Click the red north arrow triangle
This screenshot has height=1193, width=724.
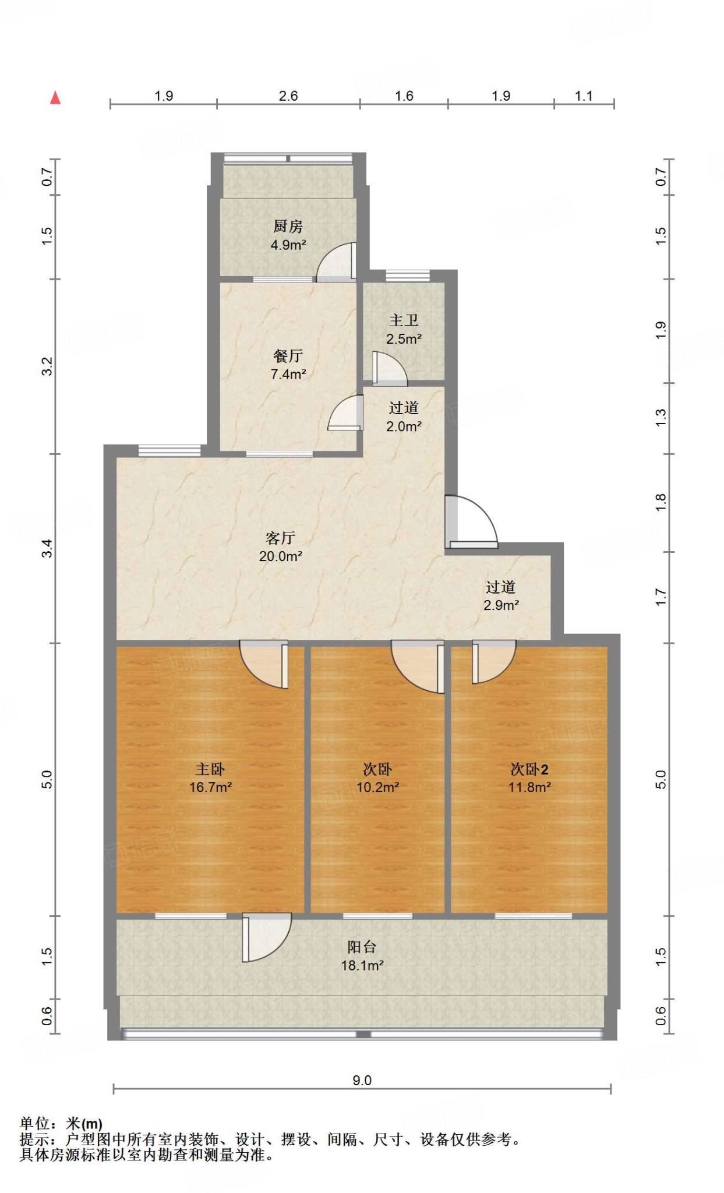click(55, 98)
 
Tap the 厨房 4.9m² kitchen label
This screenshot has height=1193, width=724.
click(288, 235)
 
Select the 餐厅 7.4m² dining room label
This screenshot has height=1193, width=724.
click(288, 365)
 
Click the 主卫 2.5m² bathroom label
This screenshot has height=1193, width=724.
click(404, 329)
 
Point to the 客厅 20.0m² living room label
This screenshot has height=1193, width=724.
click(280, 546)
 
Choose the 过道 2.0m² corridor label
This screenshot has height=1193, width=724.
click(404, 417)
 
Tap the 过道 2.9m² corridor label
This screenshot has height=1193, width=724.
click(501, 596)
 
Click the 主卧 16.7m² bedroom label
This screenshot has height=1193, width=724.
click(210, 778)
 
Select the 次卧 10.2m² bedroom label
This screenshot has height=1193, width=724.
click(377, 778)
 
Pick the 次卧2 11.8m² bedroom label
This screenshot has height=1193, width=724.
click(529, 778)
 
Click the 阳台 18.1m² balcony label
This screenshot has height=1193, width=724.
click(362, 956)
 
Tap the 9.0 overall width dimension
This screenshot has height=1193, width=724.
click(362, 1081)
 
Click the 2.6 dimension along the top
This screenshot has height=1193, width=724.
click(288, 96)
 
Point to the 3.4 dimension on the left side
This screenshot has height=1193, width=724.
click(47, 548)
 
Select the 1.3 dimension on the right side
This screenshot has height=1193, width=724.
click(661, 417)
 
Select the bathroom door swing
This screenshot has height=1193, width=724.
click(389, 369)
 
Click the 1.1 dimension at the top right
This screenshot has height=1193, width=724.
click(584, 96)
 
